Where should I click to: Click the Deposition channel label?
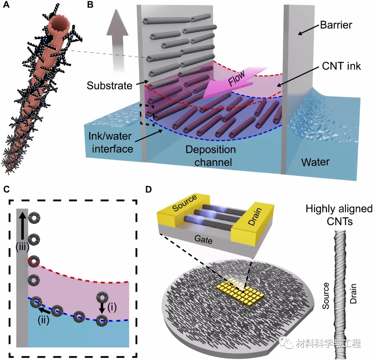(211, 156)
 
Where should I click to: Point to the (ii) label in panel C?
(44, 319)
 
